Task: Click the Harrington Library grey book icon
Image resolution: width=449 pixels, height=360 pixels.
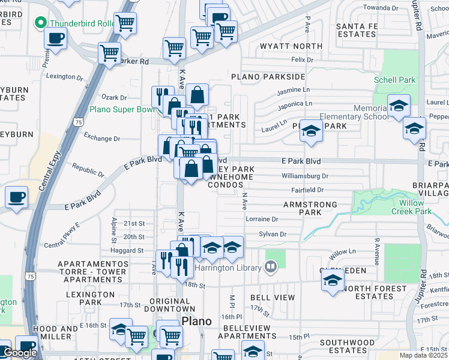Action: point(271,265)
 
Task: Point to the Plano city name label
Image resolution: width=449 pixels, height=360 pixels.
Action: point(196,321)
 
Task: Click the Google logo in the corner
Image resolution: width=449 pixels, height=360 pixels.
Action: point(20,353)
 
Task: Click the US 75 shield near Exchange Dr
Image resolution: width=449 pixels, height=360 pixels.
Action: point(79,122)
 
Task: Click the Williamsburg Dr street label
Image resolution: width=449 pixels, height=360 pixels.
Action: point(306,176)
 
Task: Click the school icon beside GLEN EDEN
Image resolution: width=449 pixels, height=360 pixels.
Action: point(332,280)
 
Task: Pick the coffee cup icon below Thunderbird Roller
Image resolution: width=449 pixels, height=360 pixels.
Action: point(56,38)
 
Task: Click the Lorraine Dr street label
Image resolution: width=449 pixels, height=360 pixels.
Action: point(262,220)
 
